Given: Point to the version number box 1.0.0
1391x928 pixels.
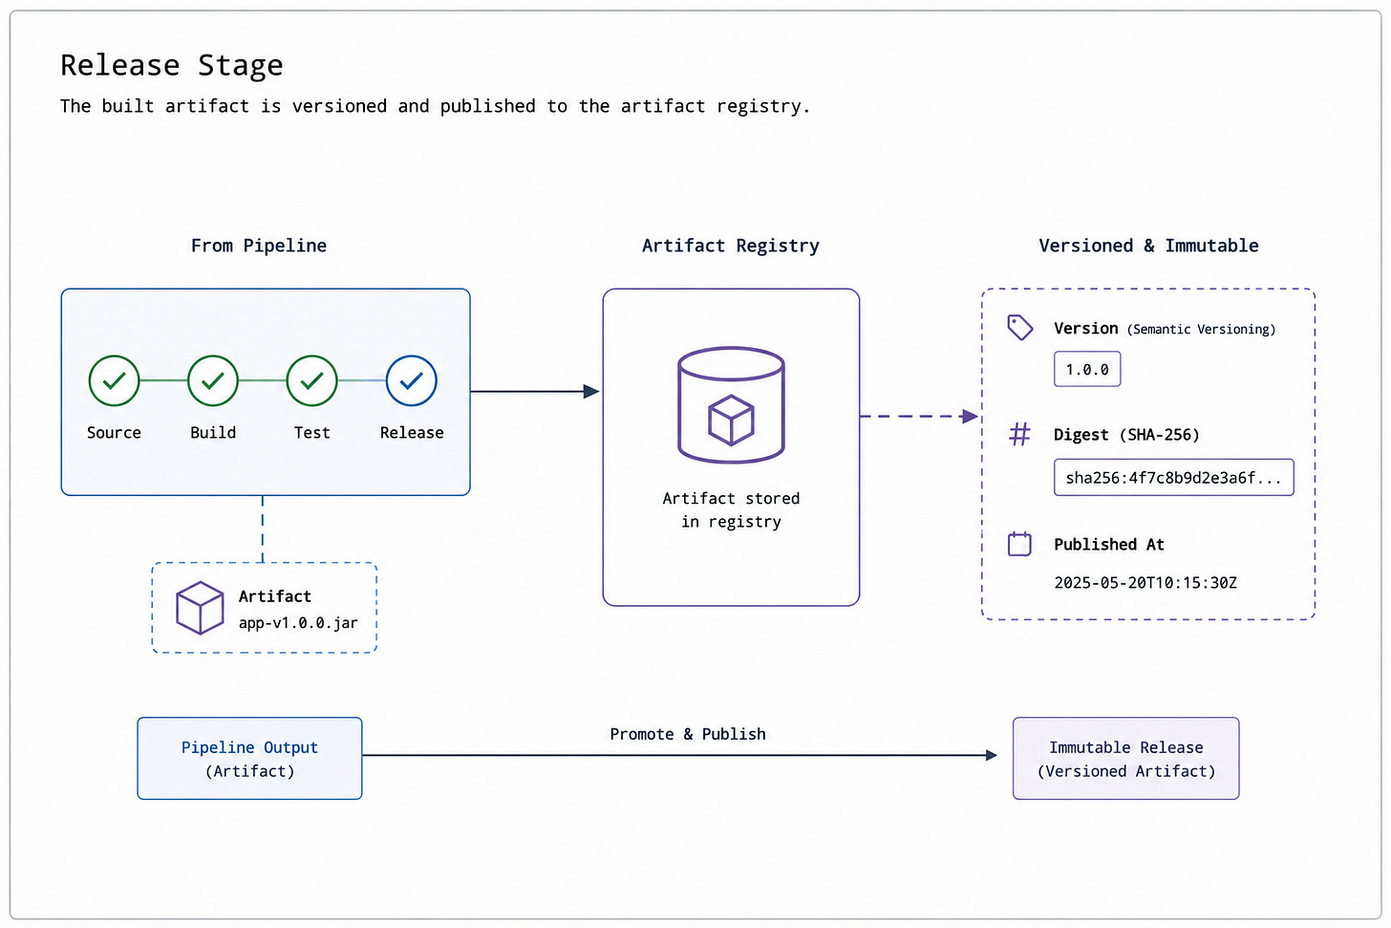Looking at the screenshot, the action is (x=1087, y=369).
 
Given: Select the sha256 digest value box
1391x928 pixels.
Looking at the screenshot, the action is (x=1173, y=477).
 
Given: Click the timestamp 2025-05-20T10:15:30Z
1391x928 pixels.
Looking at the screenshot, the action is (x=1145, y=583).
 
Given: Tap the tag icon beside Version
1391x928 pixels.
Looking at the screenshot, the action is (x=1019, y=328).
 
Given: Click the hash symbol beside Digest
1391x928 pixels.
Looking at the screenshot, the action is (x=1019, y=434).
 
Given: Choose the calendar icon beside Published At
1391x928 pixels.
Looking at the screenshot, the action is (x=1019, y=544).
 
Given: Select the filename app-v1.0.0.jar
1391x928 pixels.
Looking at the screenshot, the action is (x=299, y=623).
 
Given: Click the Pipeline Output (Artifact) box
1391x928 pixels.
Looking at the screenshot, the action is (x=249, y=759).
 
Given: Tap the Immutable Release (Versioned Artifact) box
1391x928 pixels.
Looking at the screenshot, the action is (x=1125, y=759).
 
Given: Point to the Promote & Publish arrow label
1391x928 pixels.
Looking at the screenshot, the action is (x=688, y=734).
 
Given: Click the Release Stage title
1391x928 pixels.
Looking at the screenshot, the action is (x=172, y=65).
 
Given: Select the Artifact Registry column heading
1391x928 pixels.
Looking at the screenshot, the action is (x=730, y=246).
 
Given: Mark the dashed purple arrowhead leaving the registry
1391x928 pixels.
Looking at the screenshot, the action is (x=970, y=416).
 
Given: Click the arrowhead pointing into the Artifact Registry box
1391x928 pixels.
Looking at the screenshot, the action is (x=591, y=391).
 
